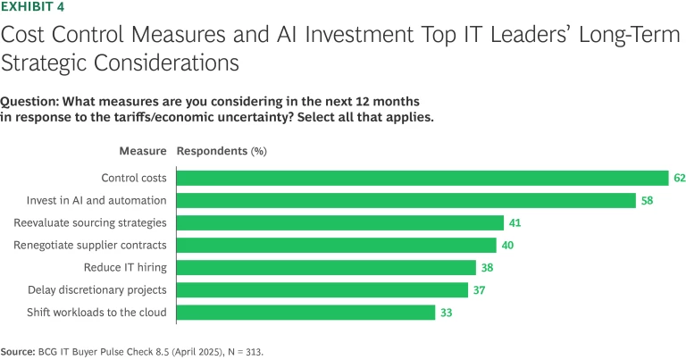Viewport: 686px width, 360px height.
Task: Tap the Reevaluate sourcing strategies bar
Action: (340, 222)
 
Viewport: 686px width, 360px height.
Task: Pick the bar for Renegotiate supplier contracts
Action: (337, 245)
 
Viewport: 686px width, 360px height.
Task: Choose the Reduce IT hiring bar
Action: (327, 267)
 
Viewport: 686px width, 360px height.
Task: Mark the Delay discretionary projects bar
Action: (322, 289)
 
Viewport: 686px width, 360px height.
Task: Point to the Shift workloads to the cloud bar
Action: (306, 312)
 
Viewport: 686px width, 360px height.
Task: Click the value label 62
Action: (679, 178)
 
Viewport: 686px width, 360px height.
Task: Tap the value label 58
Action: (646, 200)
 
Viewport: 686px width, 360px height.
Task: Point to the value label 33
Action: (446, 312)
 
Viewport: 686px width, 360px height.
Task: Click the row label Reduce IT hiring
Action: (132, 267)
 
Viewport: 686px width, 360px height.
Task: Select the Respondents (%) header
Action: (222, 151)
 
